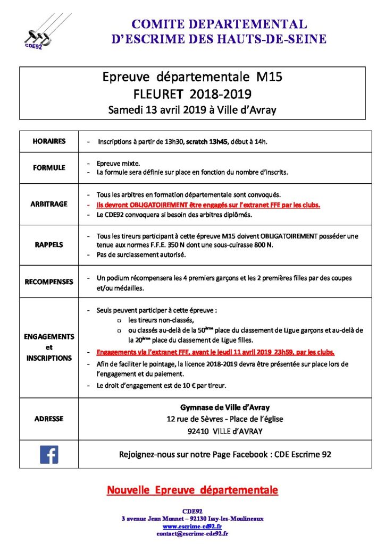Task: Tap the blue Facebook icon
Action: (x=49, y=454)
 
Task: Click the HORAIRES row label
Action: (x=49, y=141)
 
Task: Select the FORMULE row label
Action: (x=49, y=167)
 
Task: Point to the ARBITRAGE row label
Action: (x=49, y=205)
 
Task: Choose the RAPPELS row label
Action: (x=49, y=245)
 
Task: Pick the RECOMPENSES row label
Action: (x=49, y=282)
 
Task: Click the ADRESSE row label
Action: (x=49, y=419)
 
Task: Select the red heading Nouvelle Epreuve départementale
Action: (x=192, y=490)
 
